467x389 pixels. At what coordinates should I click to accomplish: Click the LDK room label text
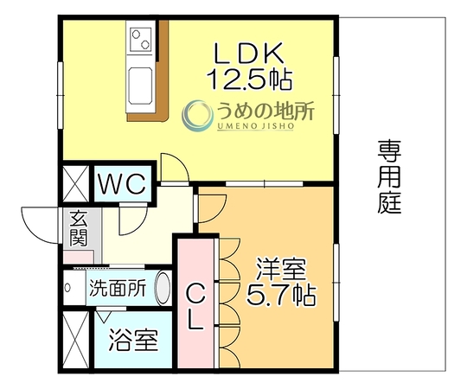(249, 54)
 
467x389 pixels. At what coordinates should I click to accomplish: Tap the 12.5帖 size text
(250, 80)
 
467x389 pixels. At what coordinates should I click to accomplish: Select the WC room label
(122, 184)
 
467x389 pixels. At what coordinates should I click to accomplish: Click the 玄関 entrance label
(79, 228)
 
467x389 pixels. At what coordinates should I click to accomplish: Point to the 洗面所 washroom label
(118, 288)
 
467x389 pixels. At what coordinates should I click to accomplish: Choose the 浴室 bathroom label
(133, 340)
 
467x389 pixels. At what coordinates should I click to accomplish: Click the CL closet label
(196, 306)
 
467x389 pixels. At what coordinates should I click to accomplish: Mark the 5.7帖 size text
(281, 296)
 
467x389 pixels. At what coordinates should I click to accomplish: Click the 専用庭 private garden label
(389, 177)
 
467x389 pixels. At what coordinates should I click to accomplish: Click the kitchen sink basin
(139, 86)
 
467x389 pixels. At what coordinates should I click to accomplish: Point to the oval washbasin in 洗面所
(163, 288)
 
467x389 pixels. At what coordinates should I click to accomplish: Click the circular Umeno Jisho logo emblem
(198, 116)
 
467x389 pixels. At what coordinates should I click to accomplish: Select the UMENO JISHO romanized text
(255, 126)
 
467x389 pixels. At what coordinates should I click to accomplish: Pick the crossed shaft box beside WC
(76, 184)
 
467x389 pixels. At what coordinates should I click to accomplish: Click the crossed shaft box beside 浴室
(76, 340)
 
